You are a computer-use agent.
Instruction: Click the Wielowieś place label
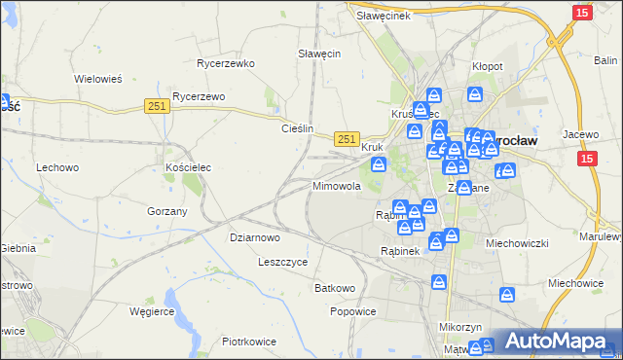click(x=97, y=79)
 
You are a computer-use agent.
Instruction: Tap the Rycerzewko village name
click(x=225, y=63)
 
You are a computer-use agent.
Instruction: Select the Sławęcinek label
click(x=383, y=16)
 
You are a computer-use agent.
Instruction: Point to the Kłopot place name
click(x=487, y=65)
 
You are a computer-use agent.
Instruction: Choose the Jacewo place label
click(x=578, y=133)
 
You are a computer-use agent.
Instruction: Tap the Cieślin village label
click(x=297, y=127)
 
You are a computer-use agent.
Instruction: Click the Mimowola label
click(x=337, y=185)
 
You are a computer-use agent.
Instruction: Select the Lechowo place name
click(x=57, y=167)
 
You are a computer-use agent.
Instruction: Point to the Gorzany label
click(x=166, y=210)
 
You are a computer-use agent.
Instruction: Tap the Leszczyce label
click(x=283, y=262)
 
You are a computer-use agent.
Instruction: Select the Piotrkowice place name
click(x=249, y=342)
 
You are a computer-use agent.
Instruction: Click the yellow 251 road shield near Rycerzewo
click(x=158, y=107)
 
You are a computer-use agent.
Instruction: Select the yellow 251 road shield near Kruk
click(x=348, y=139)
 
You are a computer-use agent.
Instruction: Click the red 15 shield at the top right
click(x=582, y=12)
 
